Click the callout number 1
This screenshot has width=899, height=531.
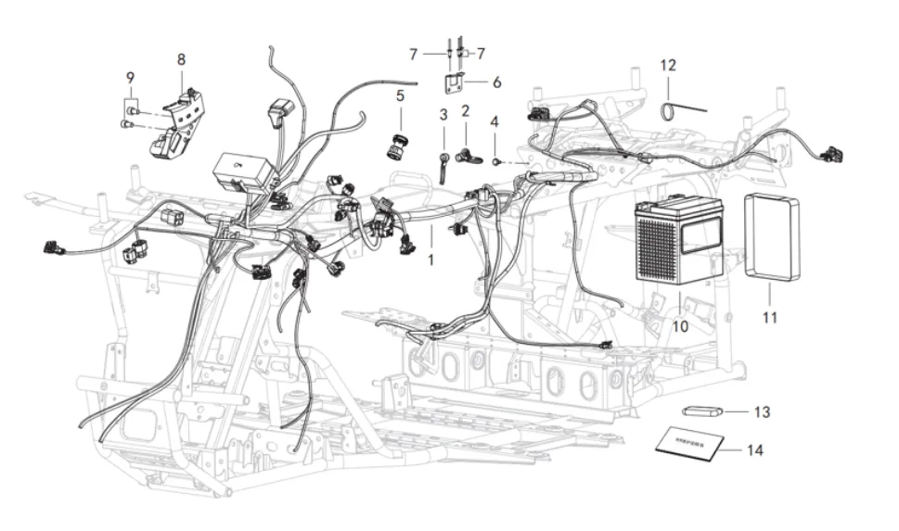[430, 260]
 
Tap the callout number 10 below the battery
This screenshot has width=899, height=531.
[681, 325]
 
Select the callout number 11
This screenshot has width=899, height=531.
[769, 317]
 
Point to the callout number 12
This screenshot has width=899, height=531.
[668, 66]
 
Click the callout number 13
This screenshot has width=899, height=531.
[762, 411]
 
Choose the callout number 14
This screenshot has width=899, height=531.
[754, 451]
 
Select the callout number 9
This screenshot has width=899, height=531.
[131, 76]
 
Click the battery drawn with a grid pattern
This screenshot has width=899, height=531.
[679, 241]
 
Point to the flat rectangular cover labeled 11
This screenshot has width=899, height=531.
[773, 236]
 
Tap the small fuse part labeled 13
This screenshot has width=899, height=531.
[701, 411]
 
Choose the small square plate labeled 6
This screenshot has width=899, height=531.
[455, 82]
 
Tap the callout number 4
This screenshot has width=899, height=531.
[494, 121]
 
